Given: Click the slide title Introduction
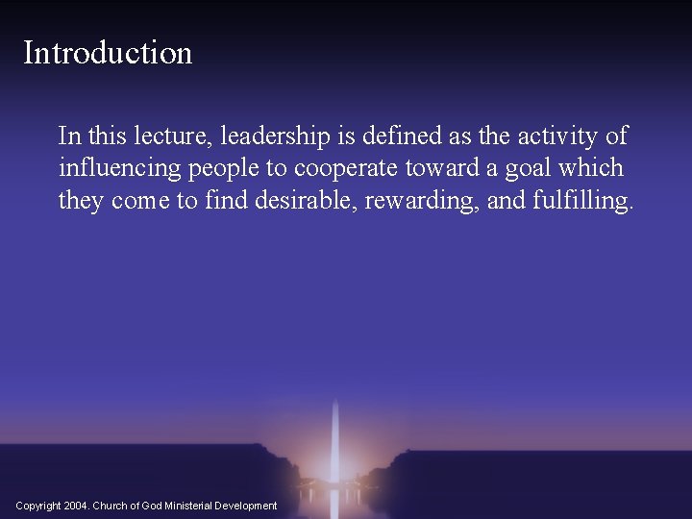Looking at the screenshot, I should (108, 53).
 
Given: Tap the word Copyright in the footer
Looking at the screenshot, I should (38, 506).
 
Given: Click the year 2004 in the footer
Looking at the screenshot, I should (76, 506).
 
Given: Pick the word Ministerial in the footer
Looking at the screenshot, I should (185, 506).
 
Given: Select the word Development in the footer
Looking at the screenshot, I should (245, 506).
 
